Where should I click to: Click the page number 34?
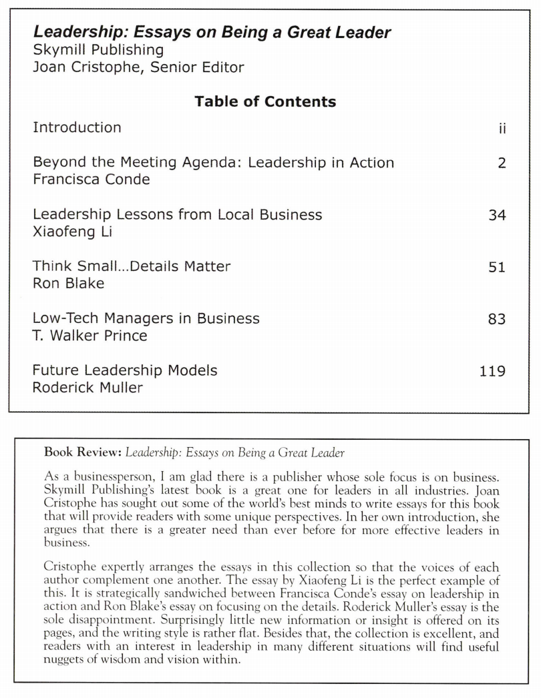497,215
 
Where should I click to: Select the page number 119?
492,371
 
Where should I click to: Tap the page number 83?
497,320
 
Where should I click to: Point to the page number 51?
497,268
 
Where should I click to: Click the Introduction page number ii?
502,129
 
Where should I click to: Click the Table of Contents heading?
265,101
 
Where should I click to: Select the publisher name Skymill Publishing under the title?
98,49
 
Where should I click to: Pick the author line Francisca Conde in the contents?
92,180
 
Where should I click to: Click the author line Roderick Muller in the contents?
87,388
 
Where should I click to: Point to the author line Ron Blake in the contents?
69,284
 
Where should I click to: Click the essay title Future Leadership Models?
125,370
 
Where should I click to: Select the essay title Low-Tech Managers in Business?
146,318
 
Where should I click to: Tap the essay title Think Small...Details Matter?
132,266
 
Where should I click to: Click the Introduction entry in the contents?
77,127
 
